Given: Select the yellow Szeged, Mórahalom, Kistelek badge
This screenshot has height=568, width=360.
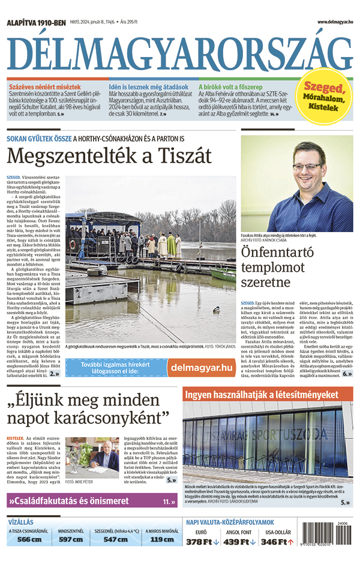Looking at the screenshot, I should click(324, 96).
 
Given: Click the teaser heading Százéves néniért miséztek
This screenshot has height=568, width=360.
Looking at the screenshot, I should click(44, 87).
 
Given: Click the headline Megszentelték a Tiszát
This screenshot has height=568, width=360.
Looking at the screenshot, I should click(109, 156).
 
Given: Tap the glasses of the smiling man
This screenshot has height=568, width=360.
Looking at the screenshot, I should click(307, 166).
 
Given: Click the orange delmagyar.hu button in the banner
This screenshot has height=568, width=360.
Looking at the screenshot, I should click(201, 367).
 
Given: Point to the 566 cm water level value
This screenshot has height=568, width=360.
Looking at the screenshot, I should click(29, 539).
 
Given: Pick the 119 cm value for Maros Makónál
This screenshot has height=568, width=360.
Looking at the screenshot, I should click(161, 539).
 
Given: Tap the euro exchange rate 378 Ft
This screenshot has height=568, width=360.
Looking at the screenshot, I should click(199, 542).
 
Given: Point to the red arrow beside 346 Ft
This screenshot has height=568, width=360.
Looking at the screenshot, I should click(290, 542).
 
